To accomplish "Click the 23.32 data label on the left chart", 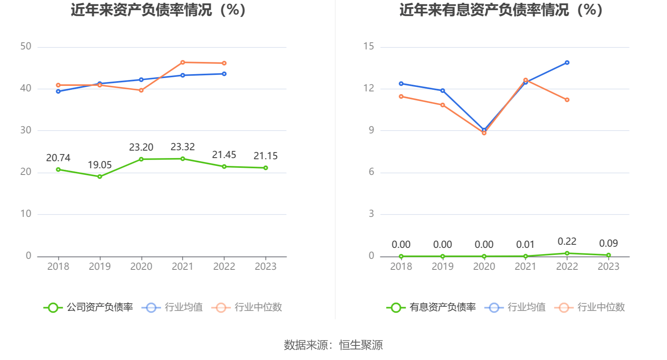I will coord(182,147).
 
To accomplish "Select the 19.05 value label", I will coord(100,165).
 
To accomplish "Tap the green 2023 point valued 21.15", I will coord(266,168).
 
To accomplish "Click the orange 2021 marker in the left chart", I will coord(183,62).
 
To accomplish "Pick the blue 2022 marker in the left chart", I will coord(224,74).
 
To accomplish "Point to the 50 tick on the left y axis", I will coord(26,47).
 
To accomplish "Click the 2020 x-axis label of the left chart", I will coord(141,267).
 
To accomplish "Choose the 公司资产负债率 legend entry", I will coord(88,307).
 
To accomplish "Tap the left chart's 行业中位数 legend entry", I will coord(247,307).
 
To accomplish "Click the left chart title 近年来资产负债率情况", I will coord(159,10).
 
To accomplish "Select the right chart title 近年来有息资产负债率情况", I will coord(501,10).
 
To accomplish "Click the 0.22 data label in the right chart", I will coord(567,242).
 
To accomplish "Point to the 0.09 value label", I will coord(609,244).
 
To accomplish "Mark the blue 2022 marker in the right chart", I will coord(567,63).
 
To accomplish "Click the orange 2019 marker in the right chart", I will coord(443,105).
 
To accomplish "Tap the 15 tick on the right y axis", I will coord(369,47).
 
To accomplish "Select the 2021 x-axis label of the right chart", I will coord(525,267).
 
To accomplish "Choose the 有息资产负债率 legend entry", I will coord(431,307).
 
